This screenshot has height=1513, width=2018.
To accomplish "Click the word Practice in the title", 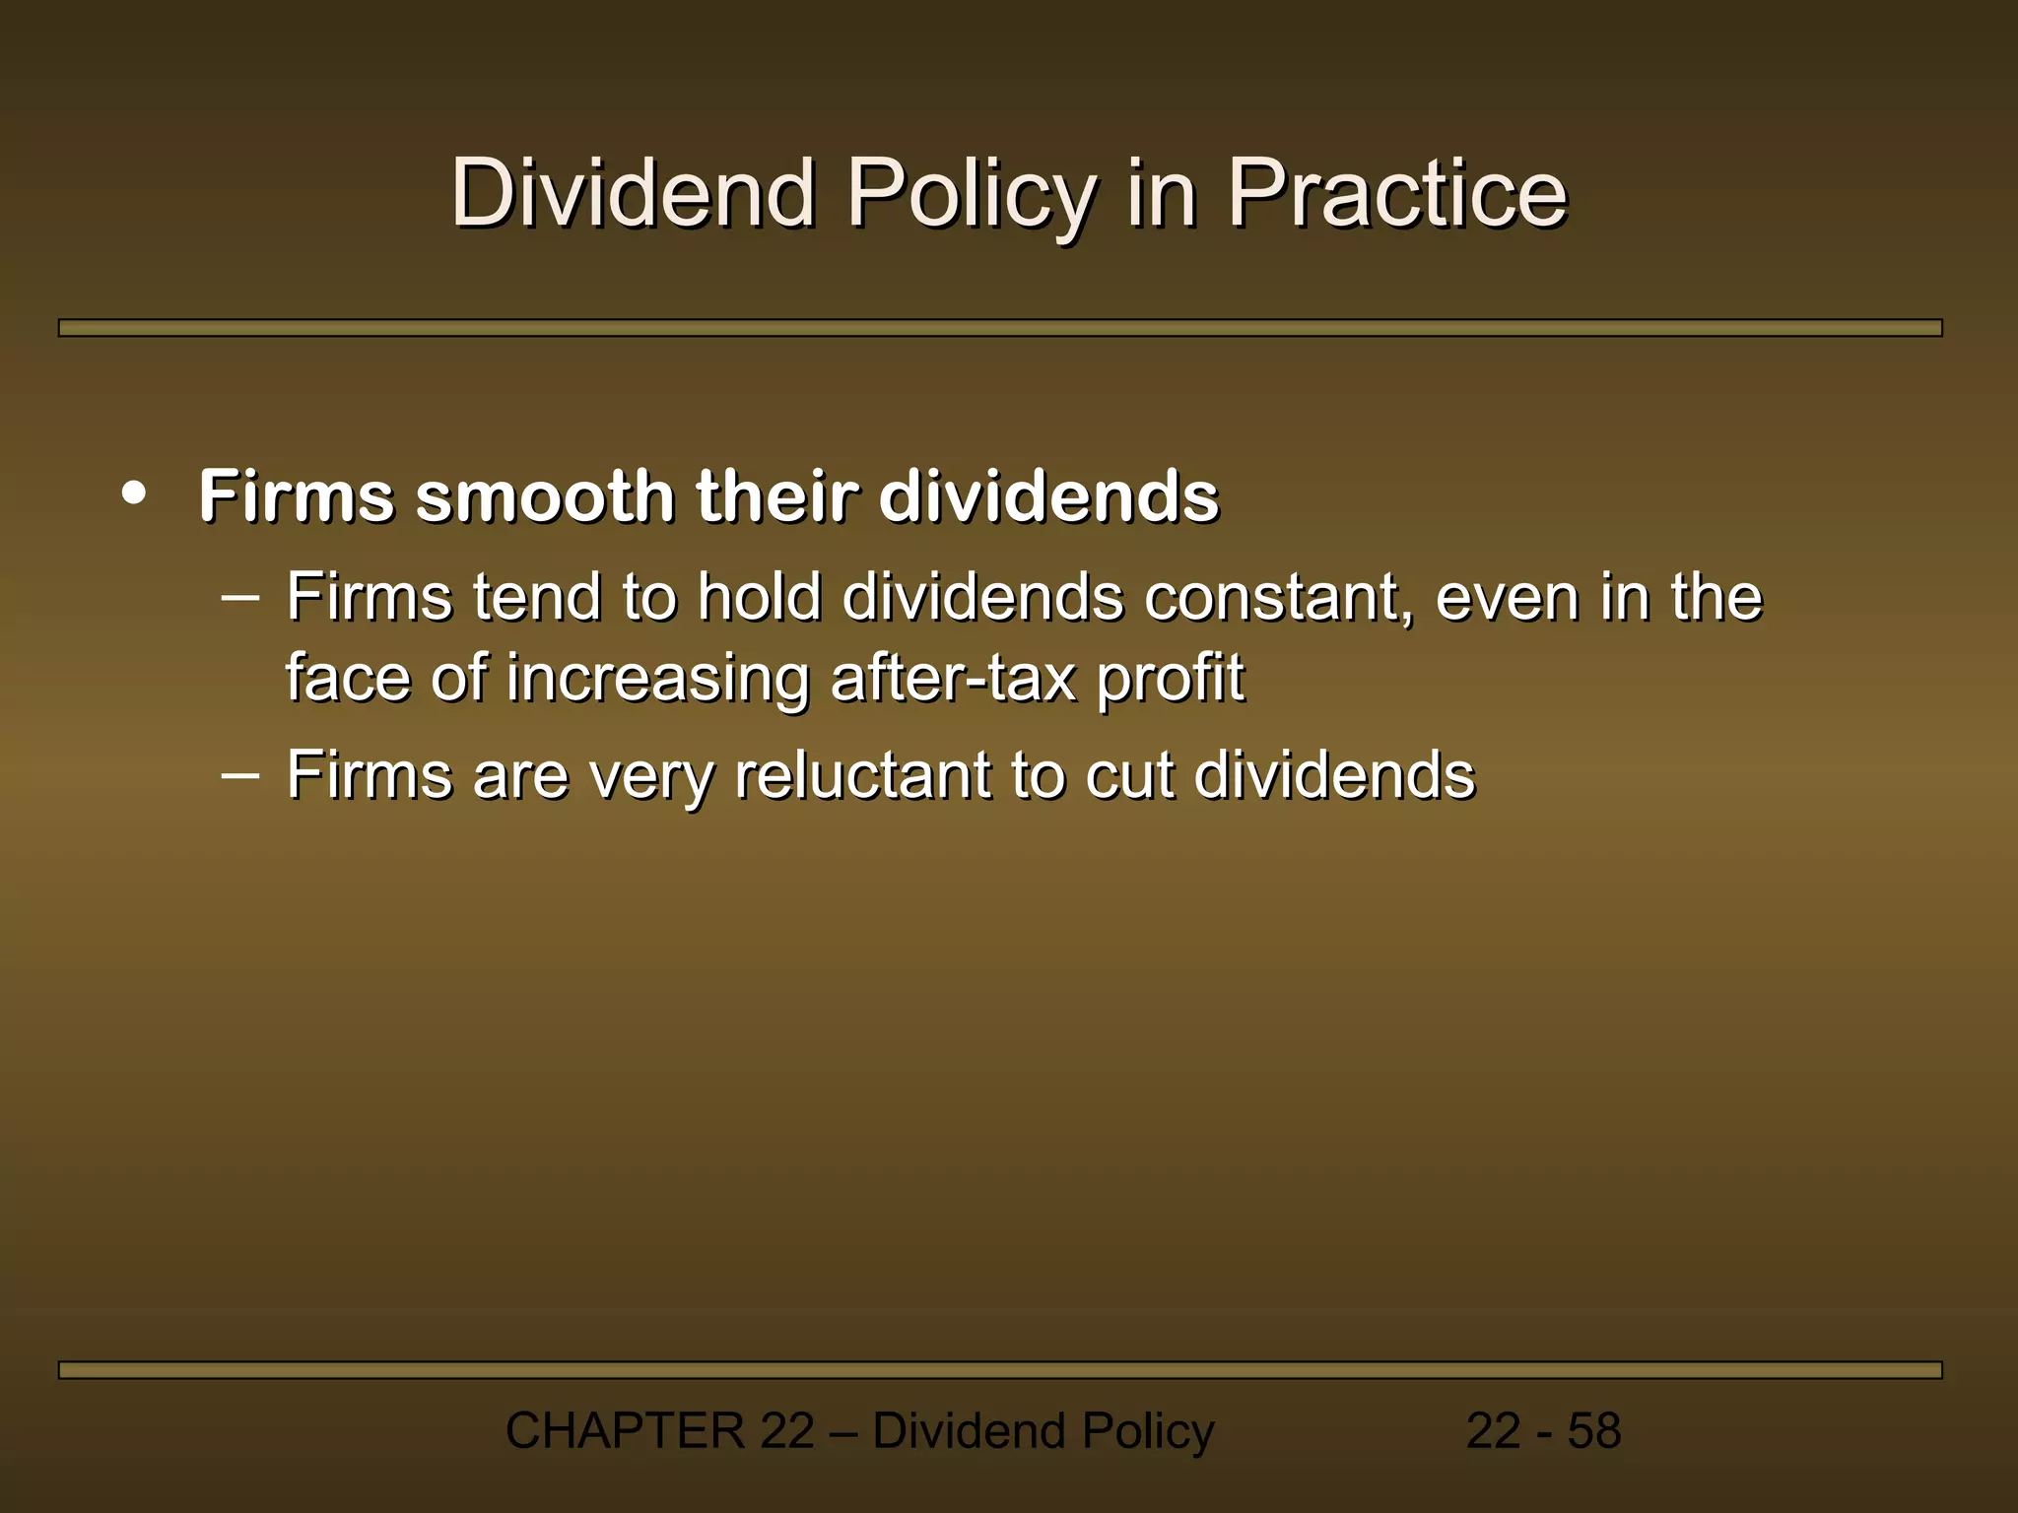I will [1396, 193].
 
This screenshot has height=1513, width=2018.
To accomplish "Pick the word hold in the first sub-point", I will [759, 598].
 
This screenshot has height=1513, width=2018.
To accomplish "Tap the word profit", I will [1171, 679].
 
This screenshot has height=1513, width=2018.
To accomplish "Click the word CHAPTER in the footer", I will [625, 1431].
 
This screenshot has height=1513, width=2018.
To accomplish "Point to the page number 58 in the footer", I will [1594, 1431].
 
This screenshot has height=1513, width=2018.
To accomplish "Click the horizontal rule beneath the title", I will [999, 328].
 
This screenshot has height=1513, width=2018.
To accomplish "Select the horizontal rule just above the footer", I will [999, 1370].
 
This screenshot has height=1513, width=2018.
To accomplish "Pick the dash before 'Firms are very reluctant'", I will [240, 774].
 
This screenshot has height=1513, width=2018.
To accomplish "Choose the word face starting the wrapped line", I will [349, 679].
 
